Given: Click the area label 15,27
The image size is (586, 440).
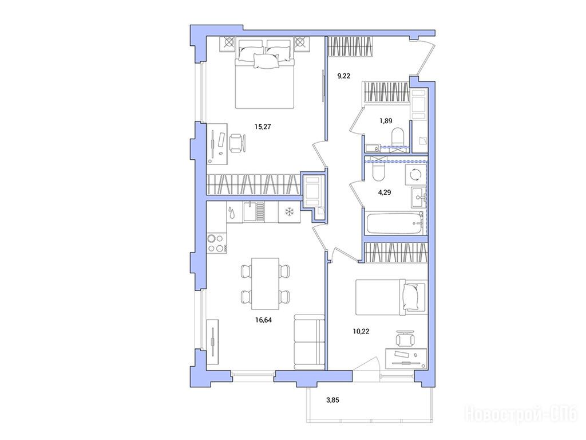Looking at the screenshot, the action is pos(262,127).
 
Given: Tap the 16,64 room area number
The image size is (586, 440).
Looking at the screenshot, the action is pos(263,320).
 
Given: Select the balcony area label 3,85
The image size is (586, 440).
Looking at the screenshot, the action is pos(332,400).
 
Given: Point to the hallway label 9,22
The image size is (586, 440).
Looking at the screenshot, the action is pos(344,76).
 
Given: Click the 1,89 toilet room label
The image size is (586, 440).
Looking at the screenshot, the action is pos(386,121).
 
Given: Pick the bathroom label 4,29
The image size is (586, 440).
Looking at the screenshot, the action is pos(385,192).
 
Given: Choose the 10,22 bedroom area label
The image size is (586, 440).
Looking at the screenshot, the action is pos(361,331).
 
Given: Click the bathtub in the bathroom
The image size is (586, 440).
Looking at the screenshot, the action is pos(395,223).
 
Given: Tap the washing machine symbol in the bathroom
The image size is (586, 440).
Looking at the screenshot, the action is pos(416,174).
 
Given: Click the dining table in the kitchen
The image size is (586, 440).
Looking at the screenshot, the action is pos(266,284).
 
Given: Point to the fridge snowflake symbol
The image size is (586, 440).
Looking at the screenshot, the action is pos(289,213).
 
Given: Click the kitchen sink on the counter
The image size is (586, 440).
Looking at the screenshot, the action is pos(254,212).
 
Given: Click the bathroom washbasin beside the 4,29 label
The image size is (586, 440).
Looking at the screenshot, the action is pos(417,197).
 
